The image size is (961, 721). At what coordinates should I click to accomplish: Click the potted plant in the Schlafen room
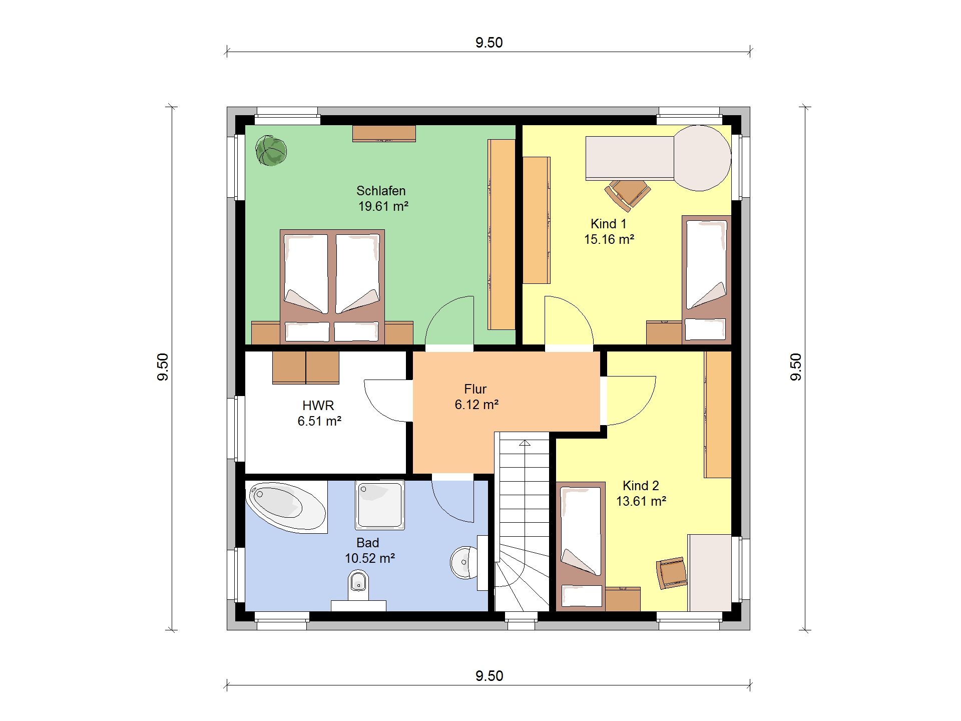click(x=271, y=150)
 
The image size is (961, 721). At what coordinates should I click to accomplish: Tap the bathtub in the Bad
click(x=286, y=507)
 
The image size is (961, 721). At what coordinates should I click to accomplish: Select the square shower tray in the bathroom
click(x=380, y=505)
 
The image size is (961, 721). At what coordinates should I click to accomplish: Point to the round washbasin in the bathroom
click(x=464, y=562)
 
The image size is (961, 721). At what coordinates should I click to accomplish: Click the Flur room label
click(x=475, y=389)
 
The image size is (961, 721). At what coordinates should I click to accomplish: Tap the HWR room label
click(x=318, y=406)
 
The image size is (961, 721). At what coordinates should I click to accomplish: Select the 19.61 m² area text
click(x=383, y=206)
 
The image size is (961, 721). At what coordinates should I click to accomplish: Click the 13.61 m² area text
click(x=641, y=501)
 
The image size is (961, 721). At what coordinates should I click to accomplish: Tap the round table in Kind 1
click(x=702, y=158)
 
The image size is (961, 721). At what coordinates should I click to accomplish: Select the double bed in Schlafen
click(x=332, y=286)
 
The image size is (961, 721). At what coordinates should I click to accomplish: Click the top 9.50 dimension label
click(x=489, y=43)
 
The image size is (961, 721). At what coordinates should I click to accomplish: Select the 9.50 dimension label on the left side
click(x=163, y=367)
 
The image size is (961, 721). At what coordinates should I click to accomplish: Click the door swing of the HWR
click(x=385, y=401)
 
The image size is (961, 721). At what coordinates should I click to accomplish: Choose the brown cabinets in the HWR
click(x=306, y=368)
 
